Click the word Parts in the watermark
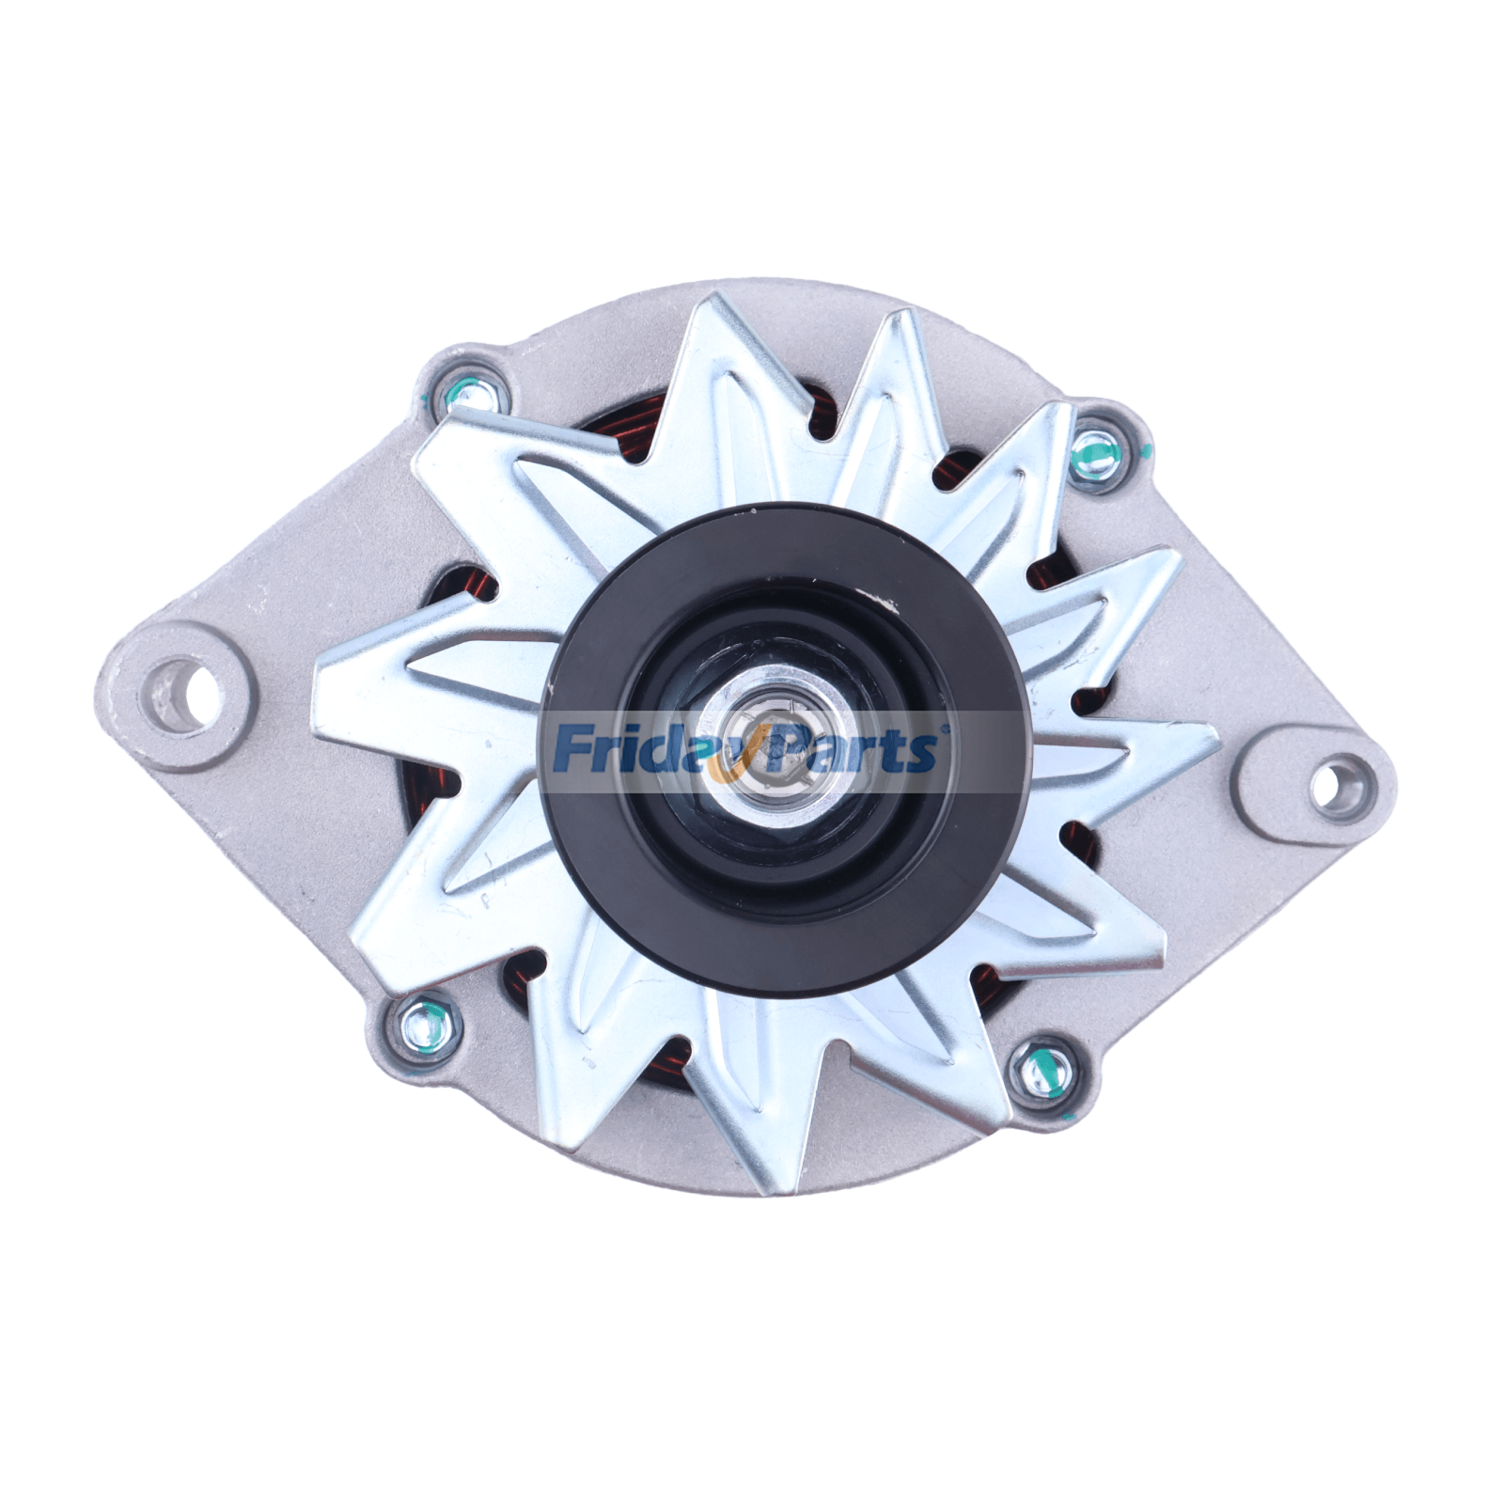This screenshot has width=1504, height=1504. pos(851,749)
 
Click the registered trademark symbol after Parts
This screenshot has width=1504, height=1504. pos(944,727)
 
